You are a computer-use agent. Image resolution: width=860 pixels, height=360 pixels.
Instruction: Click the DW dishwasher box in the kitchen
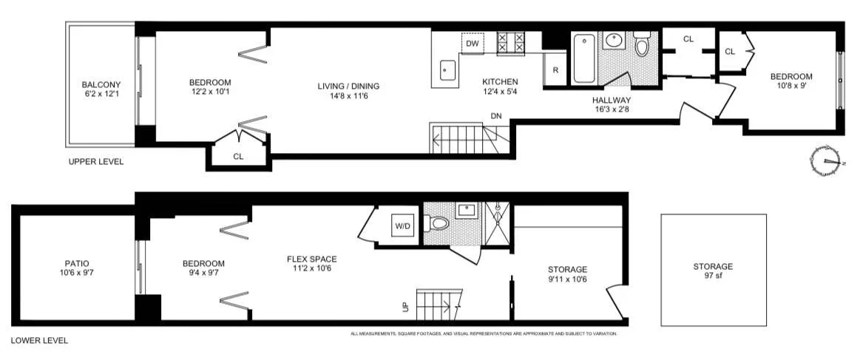tap(473, 44)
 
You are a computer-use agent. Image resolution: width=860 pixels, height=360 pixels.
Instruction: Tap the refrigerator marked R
tap(555, 70)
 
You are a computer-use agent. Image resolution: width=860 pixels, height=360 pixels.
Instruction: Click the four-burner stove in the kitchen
tap(510, 43)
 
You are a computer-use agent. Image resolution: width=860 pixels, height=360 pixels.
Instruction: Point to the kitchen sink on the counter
tap(447, 72)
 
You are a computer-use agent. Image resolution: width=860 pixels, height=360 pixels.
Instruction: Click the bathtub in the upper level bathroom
tap(583, 60)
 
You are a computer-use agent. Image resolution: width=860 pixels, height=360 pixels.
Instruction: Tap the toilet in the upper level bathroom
tap(642, 48)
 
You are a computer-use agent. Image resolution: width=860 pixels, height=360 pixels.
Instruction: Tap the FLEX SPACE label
tap(311, 259)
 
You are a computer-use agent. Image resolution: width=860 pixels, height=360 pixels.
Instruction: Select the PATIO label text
tap(76, 263)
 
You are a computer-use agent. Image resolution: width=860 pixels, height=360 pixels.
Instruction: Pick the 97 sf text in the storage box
tap(713, 276)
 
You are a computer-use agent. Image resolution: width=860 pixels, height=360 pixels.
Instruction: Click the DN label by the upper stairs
tap(496, 115)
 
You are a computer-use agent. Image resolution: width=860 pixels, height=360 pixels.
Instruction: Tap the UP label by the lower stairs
tap(404, 305)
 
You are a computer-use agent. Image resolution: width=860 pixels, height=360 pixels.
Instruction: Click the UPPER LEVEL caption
tap(95, 162)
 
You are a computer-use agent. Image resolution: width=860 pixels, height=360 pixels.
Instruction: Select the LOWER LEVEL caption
tap(39, 341)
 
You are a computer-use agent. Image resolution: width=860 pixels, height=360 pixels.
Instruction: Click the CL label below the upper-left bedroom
tap(238, 157)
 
